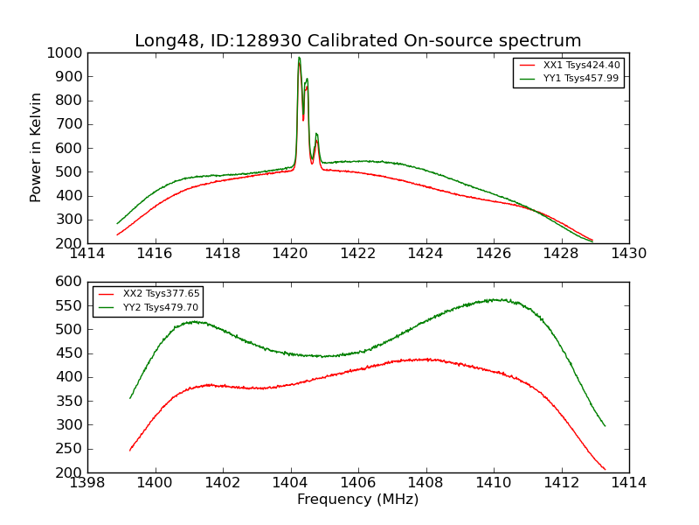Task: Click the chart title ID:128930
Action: click(357, 41)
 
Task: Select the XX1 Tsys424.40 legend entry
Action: click(580, 65)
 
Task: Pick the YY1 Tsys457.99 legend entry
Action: click(580, 78)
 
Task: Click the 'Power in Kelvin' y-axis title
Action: click(37, 147)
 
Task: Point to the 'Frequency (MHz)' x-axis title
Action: click(357, 500)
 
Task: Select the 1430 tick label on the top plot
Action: click(628, 253)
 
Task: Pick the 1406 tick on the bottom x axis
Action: click(358, 482)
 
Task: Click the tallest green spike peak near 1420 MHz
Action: click(299, 58)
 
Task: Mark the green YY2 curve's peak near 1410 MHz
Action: click(494, 299)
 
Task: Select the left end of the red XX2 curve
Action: click(130, 451)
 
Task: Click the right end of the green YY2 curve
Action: click(605, 426)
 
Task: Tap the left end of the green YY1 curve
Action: click(117, 223)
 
